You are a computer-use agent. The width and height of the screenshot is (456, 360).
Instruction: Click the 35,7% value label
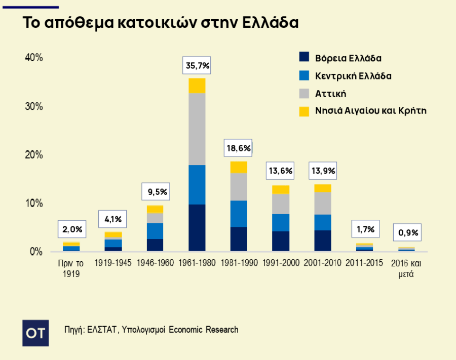click(x=197, y=66)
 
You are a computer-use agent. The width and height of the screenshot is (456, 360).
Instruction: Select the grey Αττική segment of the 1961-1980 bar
click(x=197, y=129)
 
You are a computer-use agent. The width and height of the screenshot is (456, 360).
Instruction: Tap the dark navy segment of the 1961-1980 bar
click(x=197, y=227)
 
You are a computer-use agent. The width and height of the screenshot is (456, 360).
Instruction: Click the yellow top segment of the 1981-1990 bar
click(x=239, y=167)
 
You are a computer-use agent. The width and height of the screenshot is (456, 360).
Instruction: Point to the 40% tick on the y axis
click(x=34, y=58)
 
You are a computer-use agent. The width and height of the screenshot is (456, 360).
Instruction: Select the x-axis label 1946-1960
click(x=155, y=263)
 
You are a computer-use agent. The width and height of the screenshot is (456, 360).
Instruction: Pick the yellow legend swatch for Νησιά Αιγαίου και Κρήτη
click(x=304, y=111)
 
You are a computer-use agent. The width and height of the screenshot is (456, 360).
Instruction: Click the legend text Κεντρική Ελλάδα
click(x=353, y=76)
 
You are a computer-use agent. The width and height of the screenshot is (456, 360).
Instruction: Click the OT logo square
click(x=36, y=333)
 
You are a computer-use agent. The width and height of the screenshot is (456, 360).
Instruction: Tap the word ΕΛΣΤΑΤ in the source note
click(x=102, y=330)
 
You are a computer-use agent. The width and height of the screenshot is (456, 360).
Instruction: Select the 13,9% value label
click(x=322, y=171)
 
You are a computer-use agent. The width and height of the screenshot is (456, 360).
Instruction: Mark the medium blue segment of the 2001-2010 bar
click(x=322, y=222)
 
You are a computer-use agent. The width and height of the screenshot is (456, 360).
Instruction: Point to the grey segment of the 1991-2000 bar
click(x=280, y=204)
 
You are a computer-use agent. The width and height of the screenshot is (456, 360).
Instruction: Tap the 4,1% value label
click(x=113, y=220)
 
